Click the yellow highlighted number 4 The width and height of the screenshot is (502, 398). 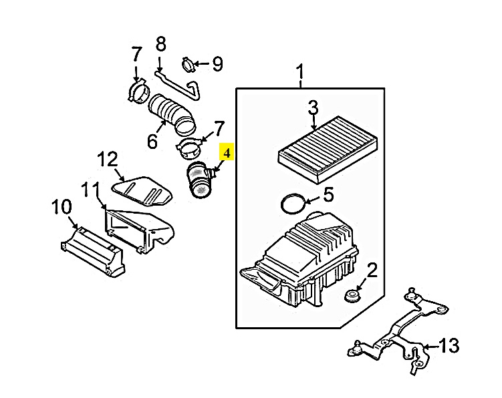click(227, 153)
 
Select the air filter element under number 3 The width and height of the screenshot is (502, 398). click(327, 149)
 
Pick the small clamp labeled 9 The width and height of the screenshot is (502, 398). click(189, 65)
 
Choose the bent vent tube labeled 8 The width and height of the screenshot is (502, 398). click(179, 85)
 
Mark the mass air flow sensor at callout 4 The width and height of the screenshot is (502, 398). click(200, 180)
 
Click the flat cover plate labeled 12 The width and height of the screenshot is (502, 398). click(142, 190)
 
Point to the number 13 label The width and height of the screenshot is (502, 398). click(449, 345)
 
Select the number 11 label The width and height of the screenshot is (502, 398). click(91, 191)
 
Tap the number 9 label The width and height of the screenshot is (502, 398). click(217, 64)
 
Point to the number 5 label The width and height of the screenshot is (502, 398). click(328, 195)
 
